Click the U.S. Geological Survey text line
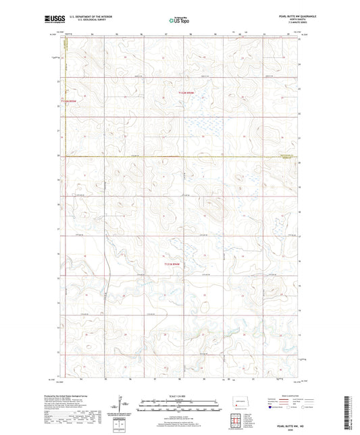coord(95,20)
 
